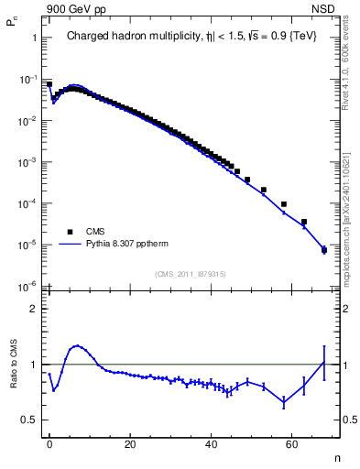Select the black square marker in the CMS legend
70,232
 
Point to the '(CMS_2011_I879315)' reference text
191,274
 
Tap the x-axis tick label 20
130,442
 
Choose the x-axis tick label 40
211,442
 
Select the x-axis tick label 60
291,442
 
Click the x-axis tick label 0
49,442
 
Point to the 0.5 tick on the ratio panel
29,420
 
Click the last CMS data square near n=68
323,249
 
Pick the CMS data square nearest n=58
284,204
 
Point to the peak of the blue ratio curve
78,346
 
